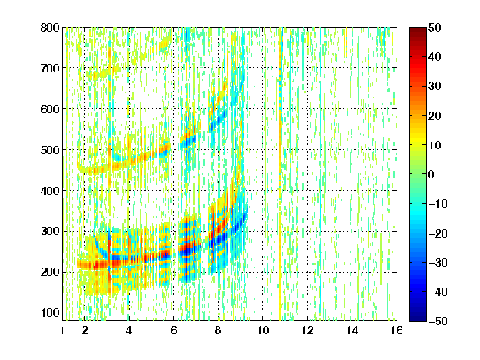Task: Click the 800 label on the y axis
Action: [x=50, y=27]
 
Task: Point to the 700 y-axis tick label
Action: [x=50, y=68]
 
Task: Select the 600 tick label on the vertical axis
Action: [x=50, y=109]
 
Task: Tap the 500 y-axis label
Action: [x=50, y=150]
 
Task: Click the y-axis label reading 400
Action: [x=50, y=191]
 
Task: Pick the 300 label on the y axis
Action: [x=50, y=232]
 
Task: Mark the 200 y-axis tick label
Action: [x=50, y=272]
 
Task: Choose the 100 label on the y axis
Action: [x=50, y=312]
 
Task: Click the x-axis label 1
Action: [x=62, y=330]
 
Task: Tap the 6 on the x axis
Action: [x=173, y=330]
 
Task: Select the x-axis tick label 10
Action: [x=263, y=330]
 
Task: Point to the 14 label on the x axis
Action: [x=352, y=330]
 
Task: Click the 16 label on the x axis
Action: [x=397, y=330]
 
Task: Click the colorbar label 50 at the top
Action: [x=435, y=27]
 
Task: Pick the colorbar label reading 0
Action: [x=432, y=174]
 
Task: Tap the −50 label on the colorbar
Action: [x=437, y=321]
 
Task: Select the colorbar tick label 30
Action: [x=435, y=87]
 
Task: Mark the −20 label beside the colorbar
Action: [x=437, y=233]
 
